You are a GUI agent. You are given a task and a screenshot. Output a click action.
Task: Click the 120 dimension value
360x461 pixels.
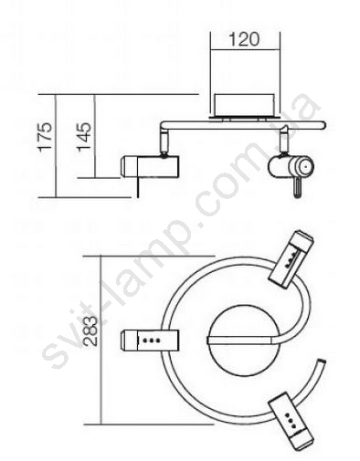tap(244, 40)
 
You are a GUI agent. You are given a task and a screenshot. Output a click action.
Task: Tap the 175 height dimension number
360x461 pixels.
tap(46, 136)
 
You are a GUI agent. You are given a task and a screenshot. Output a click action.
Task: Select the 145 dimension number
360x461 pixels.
tap(84, 137)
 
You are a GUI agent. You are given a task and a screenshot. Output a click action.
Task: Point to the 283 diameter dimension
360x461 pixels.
tap(90, 331)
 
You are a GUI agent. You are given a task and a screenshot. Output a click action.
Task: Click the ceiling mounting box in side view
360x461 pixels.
tap(244, 105)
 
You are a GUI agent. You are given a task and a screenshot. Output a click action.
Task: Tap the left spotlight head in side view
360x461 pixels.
tap(150, 166)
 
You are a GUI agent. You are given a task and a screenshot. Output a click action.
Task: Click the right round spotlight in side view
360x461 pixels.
tap(291, 166)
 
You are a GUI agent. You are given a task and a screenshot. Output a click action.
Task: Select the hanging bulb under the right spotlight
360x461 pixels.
tap(297, 188)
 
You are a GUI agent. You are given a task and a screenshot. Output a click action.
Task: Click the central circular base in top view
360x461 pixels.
tap(243, 340)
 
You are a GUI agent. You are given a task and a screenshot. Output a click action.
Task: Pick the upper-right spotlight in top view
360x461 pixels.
tap(291, 259)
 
